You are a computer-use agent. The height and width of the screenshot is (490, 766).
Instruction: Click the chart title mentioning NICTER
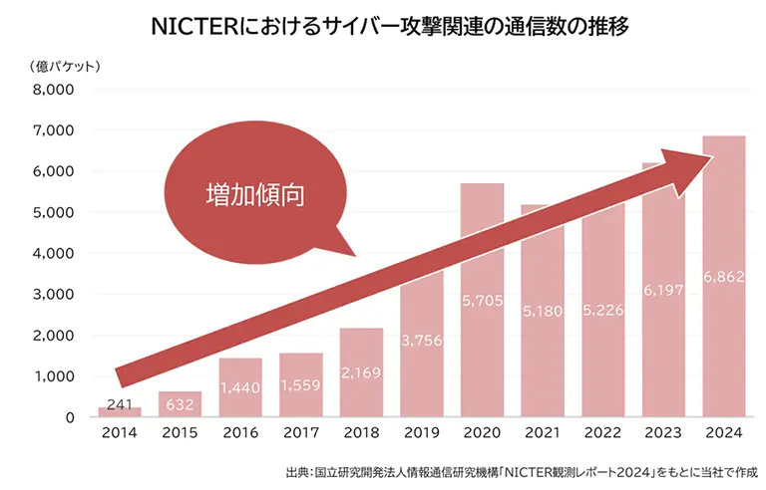[x=383, y=26]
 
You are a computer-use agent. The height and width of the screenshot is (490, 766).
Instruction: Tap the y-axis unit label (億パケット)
[x=62, y=67]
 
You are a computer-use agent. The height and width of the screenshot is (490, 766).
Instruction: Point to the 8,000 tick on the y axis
[x=55, y=90]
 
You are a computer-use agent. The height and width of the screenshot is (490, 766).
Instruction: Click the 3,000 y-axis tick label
[x=55, y=294]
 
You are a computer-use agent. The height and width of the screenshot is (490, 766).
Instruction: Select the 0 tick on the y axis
[x=70, y=417]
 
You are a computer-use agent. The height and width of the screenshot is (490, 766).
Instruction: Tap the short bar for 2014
[x=120, y=411]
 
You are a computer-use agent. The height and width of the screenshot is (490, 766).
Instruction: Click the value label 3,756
[x=422, y=339]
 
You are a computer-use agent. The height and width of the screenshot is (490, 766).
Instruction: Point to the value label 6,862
[x=723, y=275]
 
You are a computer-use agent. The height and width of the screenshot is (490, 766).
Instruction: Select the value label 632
[x=180, y=405]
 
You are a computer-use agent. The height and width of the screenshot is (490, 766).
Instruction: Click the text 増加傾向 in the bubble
[x=253, y=193]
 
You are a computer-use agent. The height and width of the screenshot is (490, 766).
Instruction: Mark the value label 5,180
[x=542, y=312]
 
